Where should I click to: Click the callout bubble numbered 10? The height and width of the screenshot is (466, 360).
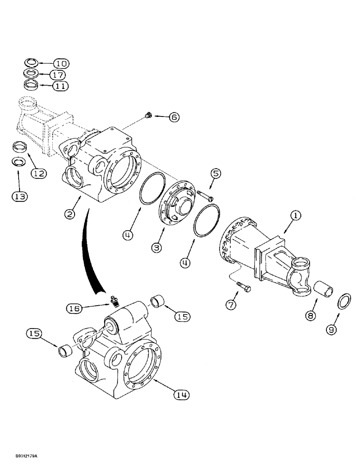[60, 63]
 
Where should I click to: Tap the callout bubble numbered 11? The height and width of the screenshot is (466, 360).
[60, 86]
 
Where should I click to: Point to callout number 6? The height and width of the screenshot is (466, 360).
[173, 117]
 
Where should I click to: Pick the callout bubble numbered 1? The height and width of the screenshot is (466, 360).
[297, 216]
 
